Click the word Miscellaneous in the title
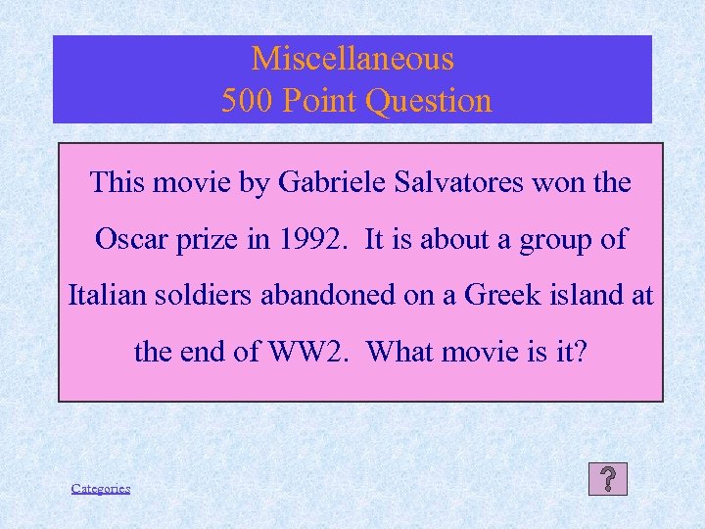[x=352, y=59]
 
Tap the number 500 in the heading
[x=247, y=101]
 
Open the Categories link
[x=101, y=488]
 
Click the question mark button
[x=608, y=479]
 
